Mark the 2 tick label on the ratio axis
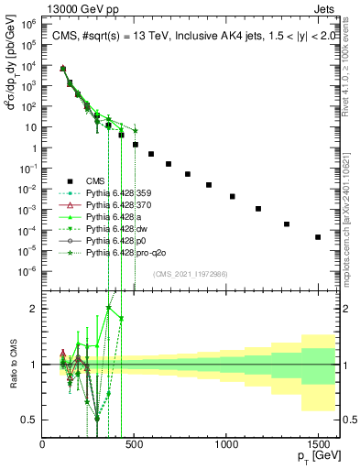click(x=35, y=309)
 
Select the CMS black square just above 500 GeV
click(x=136, y=144)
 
